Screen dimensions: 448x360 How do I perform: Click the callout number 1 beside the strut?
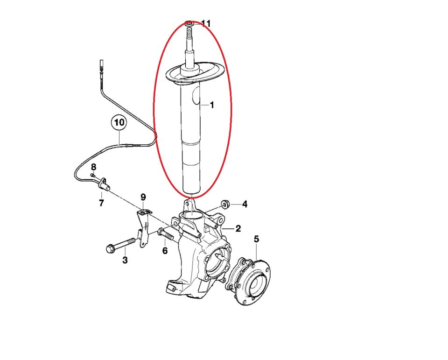212,105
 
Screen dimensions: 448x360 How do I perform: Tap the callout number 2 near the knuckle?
238,228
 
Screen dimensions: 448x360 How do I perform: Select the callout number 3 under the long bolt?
125,260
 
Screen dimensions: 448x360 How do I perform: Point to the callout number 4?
245,204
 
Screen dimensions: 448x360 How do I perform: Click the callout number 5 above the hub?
256,239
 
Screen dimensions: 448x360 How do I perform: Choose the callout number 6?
165,250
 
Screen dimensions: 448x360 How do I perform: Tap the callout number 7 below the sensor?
101,203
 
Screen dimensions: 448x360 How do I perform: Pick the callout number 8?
94,167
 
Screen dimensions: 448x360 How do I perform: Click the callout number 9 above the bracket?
143,197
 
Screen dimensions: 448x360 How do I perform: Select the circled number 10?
119,123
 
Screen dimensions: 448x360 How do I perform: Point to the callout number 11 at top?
206,23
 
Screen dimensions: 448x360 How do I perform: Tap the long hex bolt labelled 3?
120,245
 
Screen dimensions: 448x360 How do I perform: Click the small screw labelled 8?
92,175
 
